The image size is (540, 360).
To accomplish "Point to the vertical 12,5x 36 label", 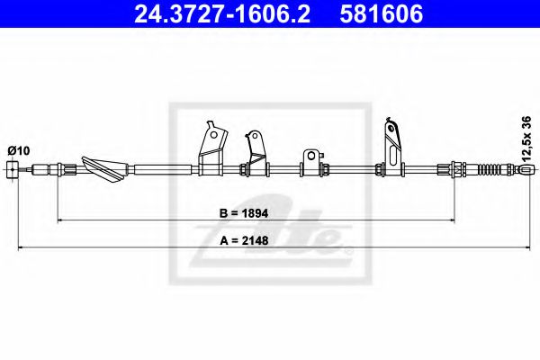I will tap(526, 139).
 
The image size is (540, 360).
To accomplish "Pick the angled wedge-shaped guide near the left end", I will tap(105, 166).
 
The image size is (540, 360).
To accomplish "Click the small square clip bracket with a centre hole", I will tap(312, 162).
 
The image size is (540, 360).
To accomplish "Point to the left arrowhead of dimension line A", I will tap(20, 248).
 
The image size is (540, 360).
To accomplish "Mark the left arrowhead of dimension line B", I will tap(59, 218).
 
